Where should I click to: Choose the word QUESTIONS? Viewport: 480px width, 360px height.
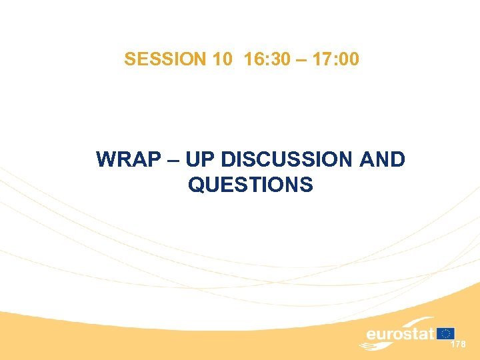tap(250, 185)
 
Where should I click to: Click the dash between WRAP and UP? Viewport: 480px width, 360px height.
tap(169, 161)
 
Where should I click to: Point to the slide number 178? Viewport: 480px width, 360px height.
tap(459, 344)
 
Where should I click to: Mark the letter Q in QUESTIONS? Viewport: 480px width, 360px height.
tap(197, 185)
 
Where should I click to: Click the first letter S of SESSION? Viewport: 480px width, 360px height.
tap(129, 60)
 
